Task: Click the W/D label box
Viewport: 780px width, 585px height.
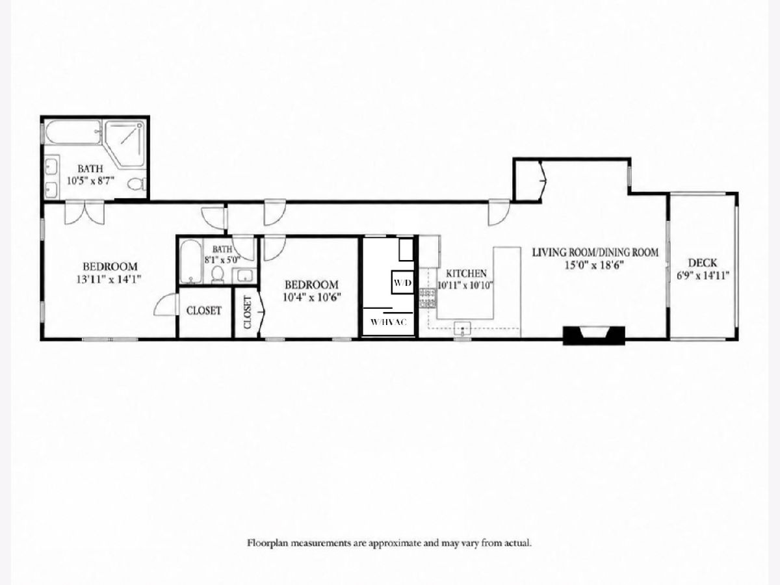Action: click(402, 282)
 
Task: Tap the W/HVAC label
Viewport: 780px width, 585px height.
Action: click(389, 322)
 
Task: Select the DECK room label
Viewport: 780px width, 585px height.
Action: click(703, 263)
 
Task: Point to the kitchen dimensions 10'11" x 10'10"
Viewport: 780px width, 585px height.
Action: click(465, 285)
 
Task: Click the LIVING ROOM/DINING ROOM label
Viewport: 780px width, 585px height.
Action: click(595, 253)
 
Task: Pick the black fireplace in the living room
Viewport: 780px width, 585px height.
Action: click(594, 335)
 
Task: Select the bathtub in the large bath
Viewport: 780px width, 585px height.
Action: click(73, 132)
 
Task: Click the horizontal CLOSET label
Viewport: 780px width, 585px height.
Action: click(203, 311)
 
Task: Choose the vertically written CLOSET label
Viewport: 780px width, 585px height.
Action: click(248, 313)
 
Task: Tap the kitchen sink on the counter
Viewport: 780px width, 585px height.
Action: click(462, 329)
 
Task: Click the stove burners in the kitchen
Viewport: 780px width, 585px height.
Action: click(428, 298)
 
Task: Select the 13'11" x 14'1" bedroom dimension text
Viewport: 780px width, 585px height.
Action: click(109, 279)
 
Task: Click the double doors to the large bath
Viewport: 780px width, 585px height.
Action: click(84, 213)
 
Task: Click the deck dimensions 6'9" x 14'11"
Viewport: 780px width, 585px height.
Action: click(703, 276)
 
